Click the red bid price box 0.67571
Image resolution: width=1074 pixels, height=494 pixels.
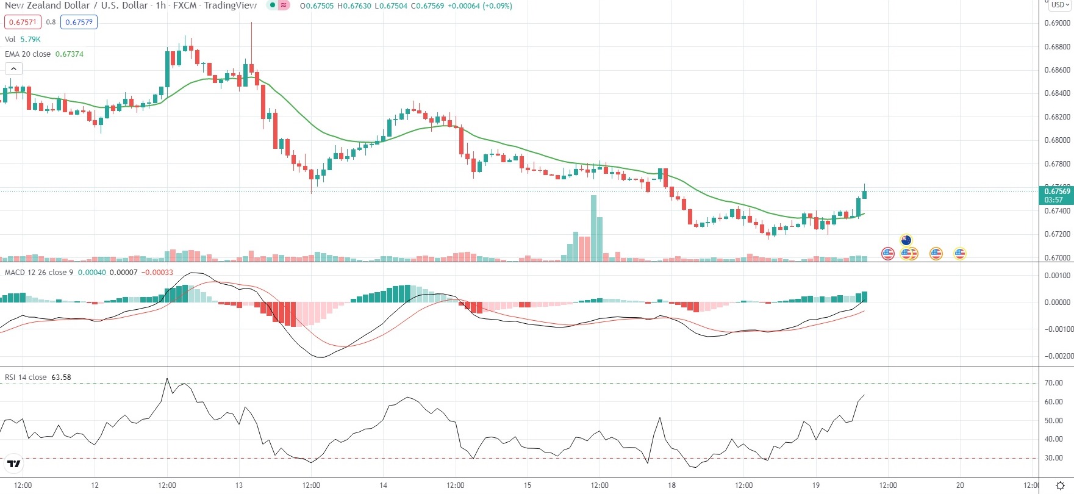point(23,22)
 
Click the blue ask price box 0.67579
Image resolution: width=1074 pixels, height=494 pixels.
point(79,22)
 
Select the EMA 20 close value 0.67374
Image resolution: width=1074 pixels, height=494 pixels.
point(70,54)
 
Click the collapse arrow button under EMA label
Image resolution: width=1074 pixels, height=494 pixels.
point(13,69)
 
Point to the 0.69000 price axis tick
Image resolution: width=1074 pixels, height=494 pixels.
point(1057,23)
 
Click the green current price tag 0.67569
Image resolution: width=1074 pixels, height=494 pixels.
point(1056,195)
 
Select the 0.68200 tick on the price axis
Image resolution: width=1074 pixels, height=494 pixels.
point(1057,117)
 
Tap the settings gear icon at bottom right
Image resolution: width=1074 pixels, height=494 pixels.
point(1060,486)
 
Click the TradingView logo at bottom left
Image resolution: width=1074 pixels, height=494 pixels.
point(13,464)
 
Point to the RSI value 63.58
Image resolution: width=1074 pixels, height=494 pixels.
point(61,378)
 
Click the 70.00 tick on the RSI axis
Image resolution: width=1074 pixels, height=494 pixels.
point(1053,383)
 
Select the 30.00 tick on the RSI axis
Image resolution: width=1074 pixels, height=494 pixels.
point(1053,458)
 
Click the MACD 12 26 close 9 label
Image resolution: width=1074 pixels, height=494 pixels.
point(38,273)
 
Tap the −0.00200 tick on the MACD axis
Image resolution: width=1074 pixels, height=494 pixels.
point(1057,356)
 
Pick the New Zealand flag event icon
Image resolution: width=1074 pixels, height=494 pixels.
point(906,240)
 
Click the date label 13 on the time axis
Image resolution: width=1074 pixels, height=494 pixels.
point(239,485)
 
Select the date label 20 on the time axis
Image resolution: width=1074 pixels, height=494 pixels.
point(960,485)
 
